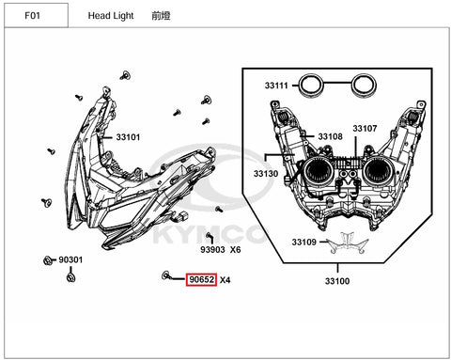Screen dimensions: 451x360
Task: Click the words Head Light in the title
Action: click(111, 16)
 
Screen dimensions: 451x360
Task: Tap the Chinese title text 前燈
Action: click(161, 16)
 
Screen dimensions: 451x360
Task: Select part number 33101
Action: click(128, 137)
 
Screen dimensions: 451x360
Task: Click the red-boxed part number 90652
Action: click(201, 279)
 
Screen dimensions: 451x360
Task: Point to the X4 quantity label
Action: click(225, 280)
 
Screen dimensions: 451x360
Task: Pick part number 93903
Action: click(212, 250)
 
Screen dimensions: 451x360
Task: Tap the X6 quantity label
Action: click(236, 250)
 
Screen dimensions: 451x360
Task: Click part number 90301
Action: click(70, 259)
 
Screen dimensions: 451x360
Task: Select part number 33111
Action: click(276, 86)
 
